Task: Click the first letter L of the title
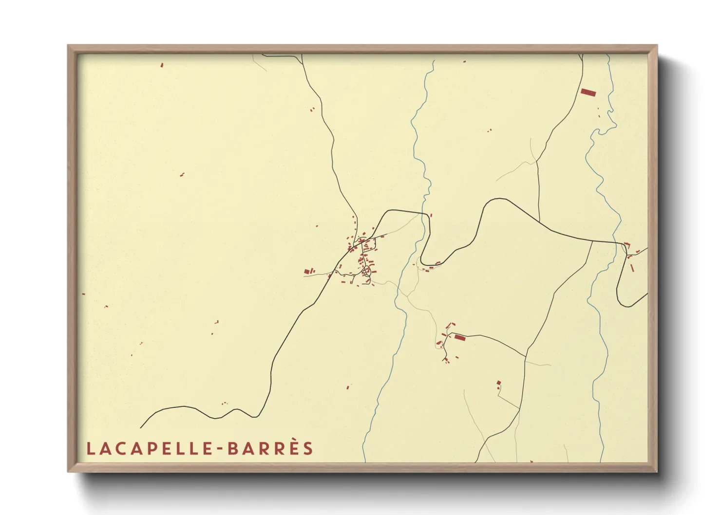90,449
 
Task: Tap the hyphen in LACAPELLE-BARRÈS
220,449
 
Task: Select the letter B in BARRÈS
232,449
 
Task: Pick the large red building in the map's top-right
588,92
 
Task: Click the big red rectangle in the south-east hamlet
459,337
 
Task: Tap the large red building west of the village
307,271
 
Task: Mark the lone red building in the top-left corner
162,65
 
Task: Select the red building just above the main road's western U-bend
431,215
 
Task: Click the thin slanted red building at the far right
632,268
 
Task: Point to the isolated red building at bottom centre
348,387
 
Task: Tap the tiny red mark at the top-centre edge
464,62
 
